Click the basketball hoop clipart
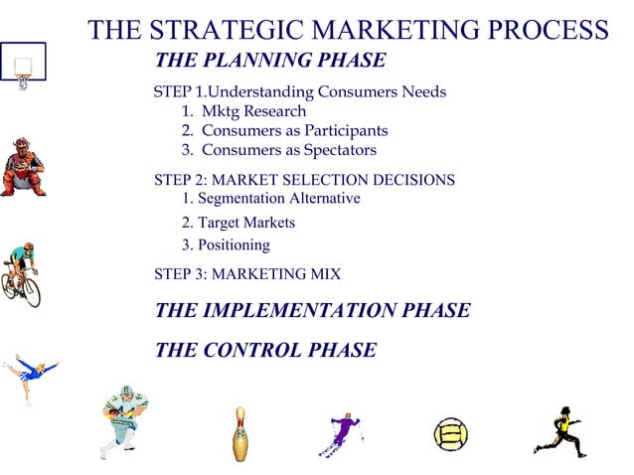pos(23,66)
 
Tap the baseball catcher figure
pos(22,167)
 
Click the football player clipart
pos(125,421)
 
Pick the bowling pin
pos(238,433)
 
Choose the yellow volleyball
pos(449,434)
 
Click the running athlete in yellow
pos(559,430)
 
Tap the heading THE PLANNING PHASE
pos(270,61)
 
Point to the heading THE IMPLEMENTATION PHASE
pos(312,310)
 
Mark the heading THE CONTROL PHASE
pos(265,350)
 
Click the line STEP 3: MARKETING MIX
pos(247,273)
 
